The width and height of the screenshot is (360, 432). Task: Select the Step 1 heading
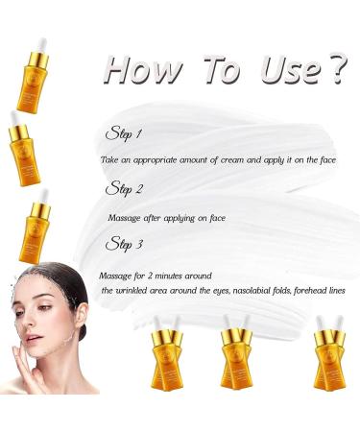[126, 134]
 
